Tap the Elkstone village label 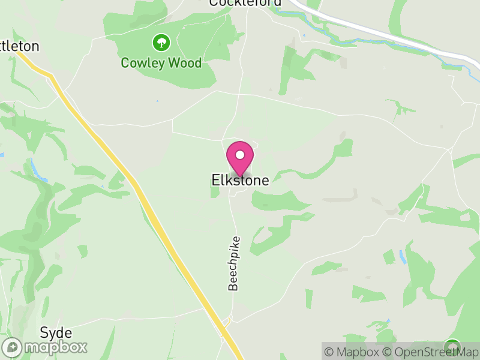pos(240,180)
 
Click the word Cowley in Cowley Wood pos(142,62)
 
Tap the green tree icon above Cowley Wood pos(161,43)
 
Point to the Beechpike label pos(233,264)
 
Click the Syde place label pos(56,333)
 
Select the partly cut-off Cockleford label pos(245,3)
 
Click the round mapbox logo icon pos(13,347)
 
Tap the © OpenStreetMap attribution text pos(430,352)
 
